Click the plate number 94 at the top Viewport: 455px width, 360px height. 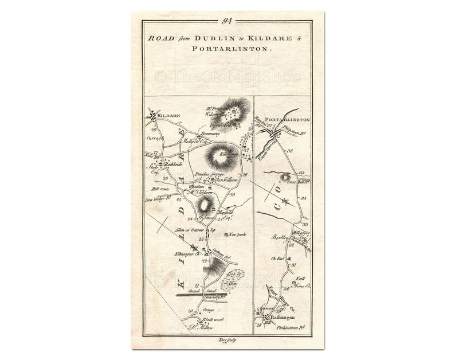click(227, 22)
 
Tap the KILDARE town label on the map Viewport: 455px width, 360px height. click(168, 115)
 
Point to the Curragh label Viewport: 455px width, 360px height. click(156, 139)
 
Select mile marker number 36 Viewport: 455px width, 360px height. click(291, 151)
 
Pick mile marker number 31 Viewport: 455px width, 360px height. click(293, 265)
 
